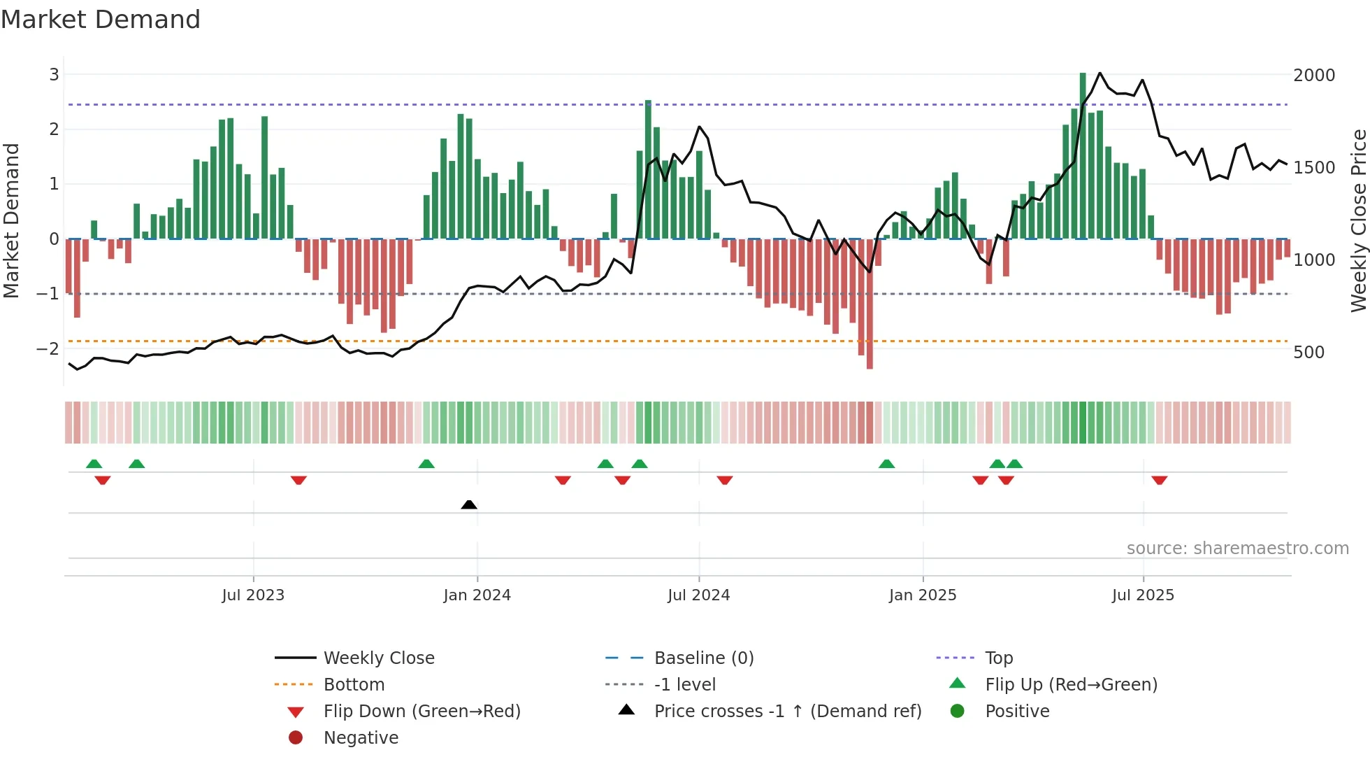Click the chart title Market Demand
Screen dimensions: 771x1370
[101, 20]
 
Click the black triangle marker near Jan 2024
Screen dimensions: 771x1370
[469, 504]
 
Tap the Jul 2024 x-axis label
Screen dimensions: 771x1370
[698, 595]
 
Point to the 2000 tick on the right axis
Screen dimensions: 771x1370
[1313, 76]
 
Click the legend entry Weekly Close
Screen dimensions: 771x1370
[378, 658]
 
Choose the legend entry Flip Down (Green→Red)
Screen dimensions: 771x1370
[421, 712]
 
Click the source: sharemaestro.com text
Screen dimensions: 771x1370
[1237, 549]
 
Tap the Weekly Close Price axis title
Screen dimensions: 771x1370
[1358, 220]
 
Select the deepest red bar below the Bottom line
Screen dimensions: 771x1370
[870, 304]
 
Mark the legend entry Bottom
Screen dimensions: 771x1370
[354, 685]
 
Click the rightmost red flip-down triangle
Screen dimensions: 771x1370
[1160, 480]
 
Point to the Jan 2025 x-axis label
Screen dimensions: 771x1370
[923, 595]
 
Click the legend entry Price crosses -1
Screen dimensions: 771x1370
[787, 712]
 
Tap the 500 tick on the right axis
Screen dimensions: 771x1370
[1308, 353]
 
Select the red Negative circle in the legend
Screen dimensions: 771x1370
[296, 738]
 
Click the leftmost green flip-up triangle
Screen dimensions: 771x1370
[94, 464]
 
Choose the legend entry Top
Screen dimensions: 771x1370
[999, 658]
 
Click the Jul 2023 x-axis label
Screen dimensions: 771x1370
[253, 595]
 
